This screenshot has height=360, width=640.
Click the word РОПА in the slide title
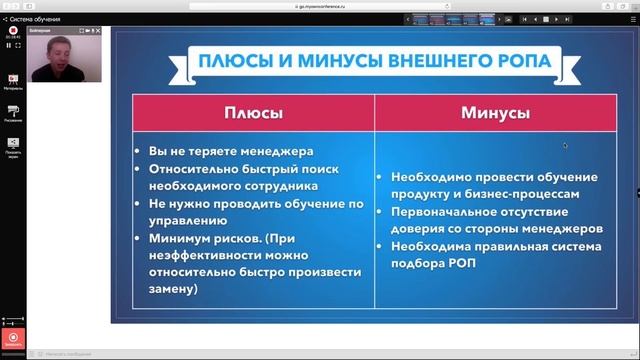click(x=518, y=61)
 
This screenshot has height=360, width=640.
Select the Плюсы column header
click(x=253, y=113)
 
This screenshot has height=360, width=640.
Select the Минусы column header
click(x=495, y=113)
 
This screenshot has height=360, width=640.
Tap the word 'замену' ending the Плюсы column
click(x=173, y=289)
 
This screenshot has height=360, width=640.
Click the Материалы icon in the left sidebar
click(x=13, y=79)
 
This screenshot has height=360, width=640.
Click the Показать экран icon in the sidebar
click(x=13, y=144)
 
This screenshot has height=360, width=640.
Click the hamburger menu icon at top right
click(x=630, y=18)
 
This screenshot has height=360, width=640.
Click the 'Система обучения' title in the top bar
click(x=34, y=18)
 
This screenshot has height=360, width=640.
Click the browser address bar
click(x=320, y=5)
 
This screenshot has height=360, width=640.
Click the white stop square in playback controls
click(x=18, y=45)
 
